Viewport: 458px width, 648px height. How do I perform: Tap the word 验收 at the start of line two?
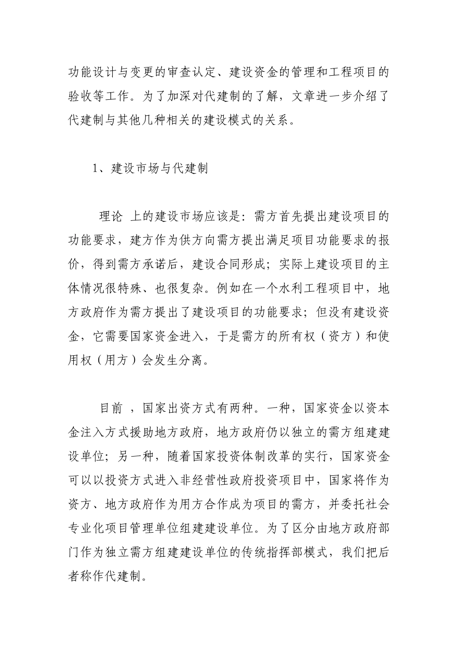point(80,95)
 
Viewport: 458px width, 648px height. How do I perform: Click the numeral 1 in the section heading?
point(95,169)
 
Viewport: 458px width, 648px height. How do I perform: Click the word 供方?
point(192,240)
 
